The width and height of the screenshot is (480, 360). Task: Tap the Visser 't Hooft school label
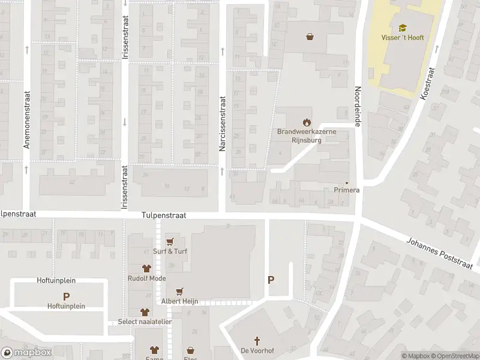pyautogui.click(x=402, y=37)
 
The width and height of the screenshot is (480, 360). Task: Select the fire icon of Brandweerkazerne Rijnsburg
pyautogui.click(x=307, y=122)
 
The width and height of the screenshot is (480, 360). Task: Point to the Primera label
pyautogui.click(x=346, y=190)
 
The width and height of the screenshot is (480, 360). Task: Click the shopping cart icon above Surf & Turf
pyautogui.click(x=171, y=241)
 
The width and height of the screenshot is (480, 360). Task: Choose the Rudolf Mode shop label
pyautogui.click(x=146, y=278)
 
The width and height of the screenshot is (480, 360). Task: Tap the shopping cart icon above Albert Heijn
pyautogui.click(x=178, y=291)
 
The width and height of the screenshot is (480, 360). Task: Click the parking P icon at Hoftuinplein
pyautogui.click(x=66, y=296)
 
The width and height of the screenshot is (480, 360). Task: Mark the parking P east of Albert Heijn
pyautogui.click(x=271, y=280)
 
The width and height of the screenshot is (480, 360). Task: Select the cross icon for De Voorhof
pyautogui.click(x=253, y=341)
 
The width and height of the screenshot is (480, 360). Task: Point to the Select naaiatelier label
pyautogui.click(x=145, y=322)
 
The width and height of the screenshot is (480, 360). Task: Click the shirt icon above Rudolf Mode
pyautogui.click(x=146, y=268)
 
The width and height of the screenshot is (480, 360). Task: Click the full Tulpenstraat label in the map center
pyautogui.click(x=164, y=215)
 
